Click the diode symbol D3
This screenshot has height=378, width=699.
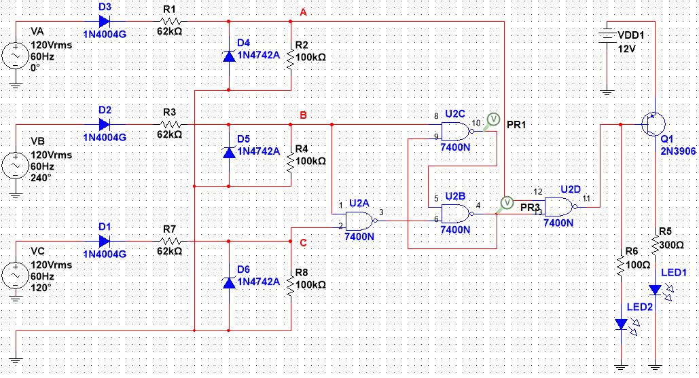point(105,21)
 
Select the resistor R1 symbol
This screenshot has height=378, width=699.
point(170,21)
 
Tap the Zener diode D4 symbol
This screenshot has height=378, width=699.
point(229,56)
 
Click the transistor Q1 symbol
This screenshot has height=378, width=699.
point(653,124)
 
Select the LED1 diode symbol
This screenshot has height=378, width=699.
point(655,290)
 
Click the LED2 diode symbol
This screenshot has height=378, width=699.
point(621,324)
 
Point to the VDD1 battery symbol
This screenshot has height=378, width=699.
point(607,35)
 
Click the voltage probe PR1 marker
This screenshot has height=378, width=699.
point(492,119)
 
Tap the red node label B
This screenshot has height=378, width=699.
point(303,115)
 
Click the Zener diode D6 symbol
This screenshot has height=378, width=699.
point(229,282)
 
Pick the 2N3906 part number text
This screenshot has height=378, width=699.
point(678,151)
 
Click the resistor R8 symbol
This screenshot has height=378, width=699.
point(291,285)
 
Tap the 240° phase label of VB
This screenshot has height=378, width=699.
point(41,178)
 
